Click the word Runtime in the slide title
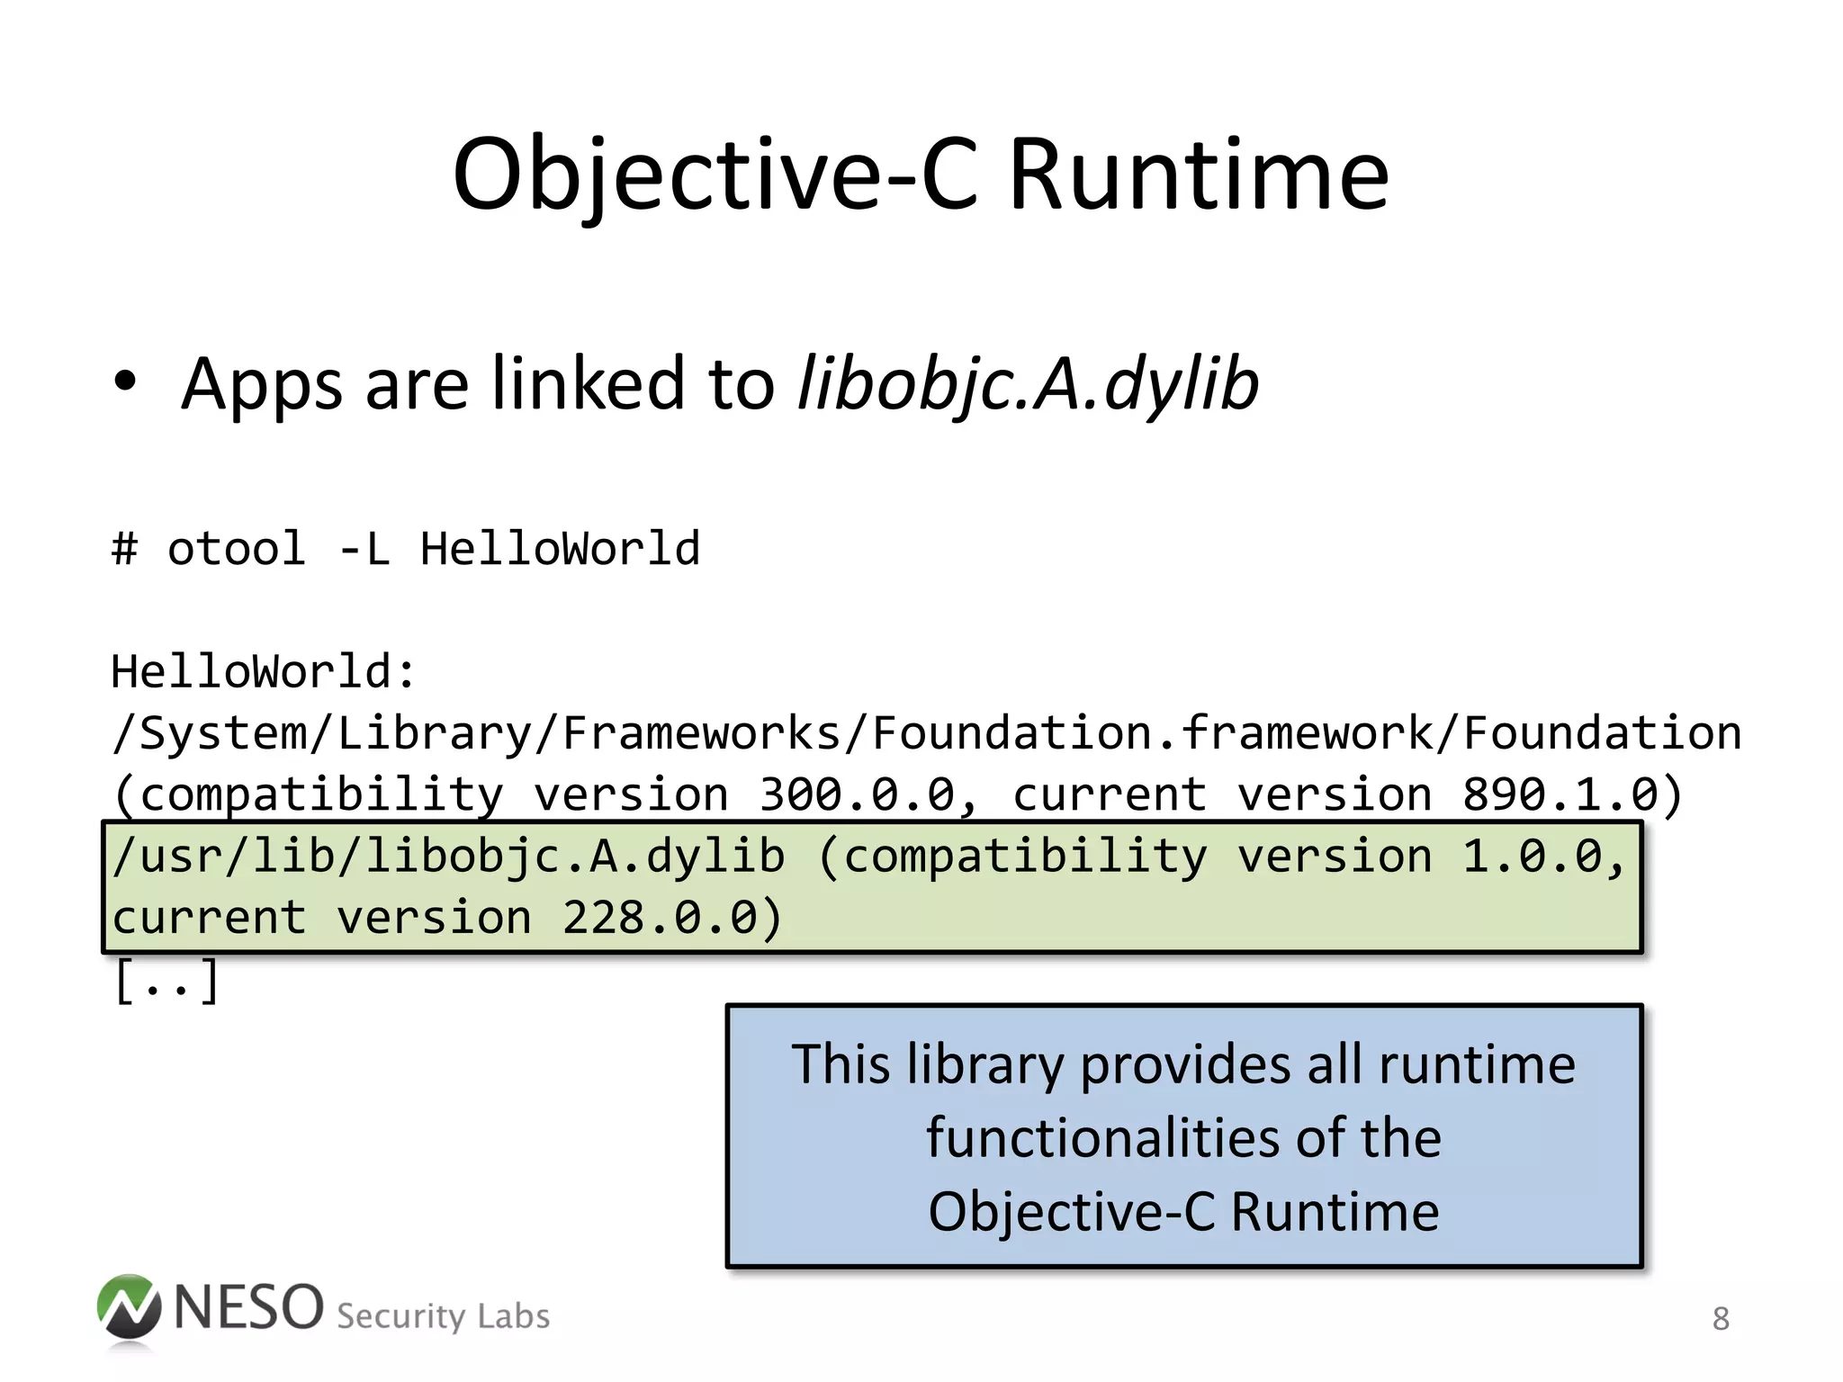(1199, 175)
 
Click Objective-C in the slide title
(715, 175)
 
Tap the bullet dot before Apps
(126, 381)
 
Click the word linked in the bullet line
(589, 383)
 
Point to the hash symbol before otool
(125, 549)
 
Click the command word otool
(236, 549)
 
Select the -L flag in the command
(364, 549)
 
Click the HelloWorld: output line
(264, 671)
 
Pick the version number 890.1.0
(1560, 794)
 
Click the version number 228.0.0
(660, 918)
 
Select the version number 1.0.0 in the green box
(1532, 856)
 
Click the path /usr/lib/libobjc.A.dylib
(448, 856)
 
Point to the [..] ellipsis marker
(166, 980)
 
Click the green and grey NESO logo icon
(129, 1308)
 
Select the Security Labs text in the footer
(443, 1316)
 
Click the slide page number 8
(1721, 1319)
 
